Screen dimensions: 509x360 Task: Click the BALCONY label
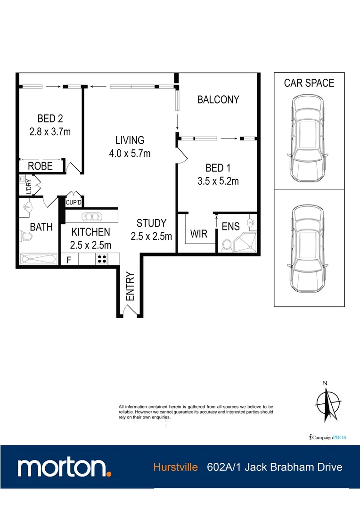tap(218, 99)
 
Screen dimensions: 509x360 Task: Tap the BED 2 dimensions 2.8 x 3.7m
tap(50, 131)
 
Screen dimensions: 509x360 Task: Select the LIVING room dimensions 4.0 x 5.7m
tap(130, 153)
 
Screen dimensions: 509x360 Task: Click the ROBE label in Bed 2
tap(41, 166)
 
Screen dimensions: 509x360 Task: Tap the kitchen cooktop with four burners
tap(101, 259)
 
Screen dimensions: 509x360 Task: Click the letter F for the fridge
tap(69, 259)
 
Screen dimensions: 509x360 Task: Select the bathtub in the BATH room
tap(39, 259)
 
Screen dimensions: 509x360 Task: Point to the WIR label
tap(198, 234)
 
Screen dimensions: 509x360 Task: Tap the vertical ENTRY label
tap(130, 286)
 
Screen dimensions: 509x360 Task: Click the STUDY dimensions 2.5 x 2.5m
tap(151, 236)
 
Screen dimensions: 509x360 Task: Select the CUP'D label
tap(74, 203)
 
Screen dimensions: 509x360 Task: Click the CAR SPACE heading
tap(309, 83)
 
